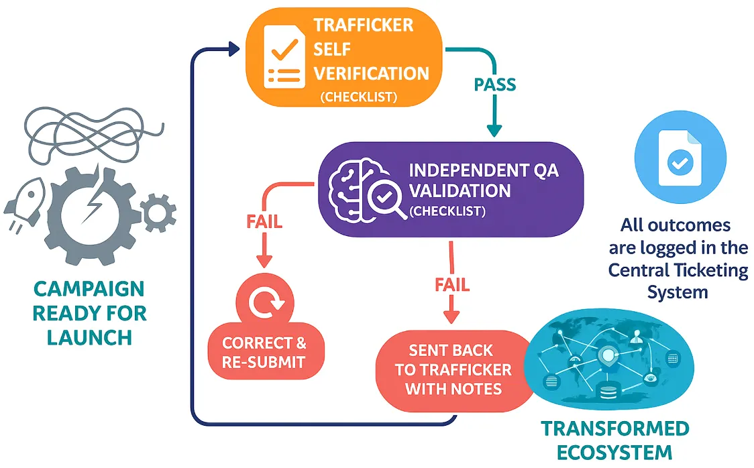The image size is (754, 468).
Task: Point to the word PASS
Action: coord(495,85)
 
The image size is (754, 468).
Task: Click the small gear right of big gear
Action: coord(159,213)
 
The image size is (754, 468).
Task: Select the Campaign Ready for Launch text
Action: coord(89,312)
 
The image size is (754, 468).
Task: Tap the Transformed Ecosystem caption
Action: coord(614,440)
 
